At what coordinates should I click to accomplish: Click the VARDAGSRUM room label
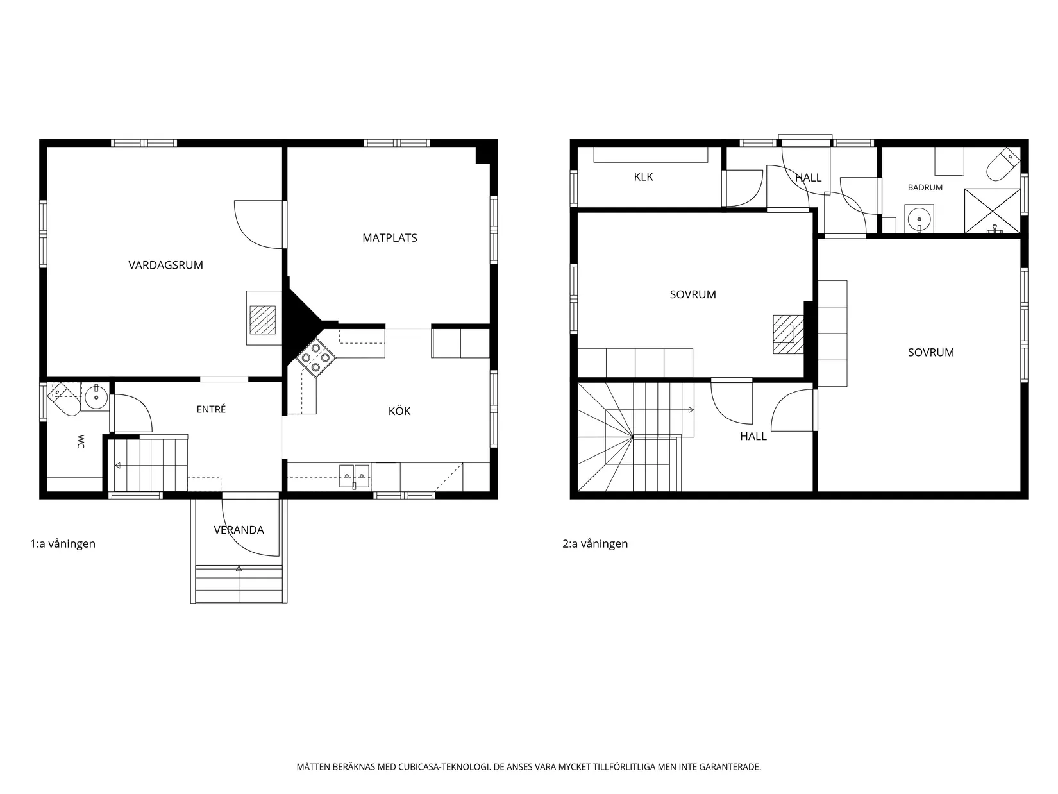pyautogui.click(x=165, y=265)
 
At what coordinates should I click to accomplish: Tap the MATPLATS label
pyautogui.click(x=389, y=238)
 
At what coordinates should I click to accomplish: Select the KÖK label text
pyautogui.click(x=399, y=410)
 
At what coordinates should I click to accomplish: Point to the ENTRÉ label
pyautogui.click(x=211, y=409)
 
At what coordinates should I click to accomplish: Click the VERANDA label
pyautogui.click(x=239, y=530)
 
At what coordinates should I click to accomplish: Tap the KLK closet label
pyautogui.click(x=644, y=177)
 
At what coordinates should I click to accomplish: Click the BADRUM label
pyautogui.click(x=925, y=187)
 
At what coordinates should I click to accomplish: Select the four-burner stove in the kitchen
pyautogui.click(x=315, y=357)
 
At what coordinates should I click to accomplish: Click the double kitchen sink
pyautogui.click(x=355, y=477)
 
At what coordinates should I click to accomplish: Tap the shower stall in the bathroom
pyautogui.click(x=992, y=210)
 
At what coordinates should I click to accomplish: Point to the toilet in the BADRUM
pyautogui.click(x=1003, y=164)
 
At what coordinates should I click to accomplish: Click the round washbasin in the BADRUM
pyautogui.click(x=919, y=219)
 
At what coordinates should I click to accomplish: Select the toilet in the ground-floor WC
pyautogui.click(x=64, y=399)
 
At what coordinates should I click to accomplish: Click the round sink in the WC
pyautogui.click(x=96, y=397)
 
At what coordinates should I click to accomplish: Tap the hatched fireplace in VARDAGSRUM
pyautogui.click(x=263, y=319)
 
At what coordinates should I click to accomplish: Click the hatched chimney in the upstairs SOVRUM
pyautogui.click(x=788, y=334)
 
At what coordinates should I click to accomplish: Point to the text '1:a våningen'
pyautogui.click(x=63, y=544)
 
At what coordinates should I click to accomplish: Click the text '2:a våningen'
pyautogui.click(x=595, y=544)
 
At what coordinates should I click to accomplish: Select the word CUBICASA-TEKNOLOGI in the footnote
pyautogui.click(x=444, y=766)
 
